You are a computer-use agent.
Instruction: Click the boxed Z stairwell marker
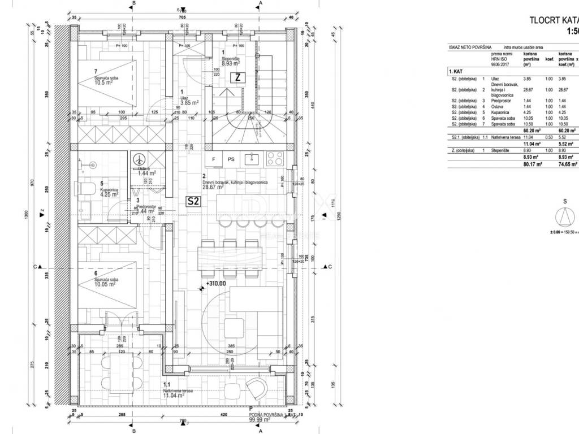[x=238, y=78]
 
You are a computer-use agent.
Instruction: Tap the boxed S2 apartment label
[x=193, y=200]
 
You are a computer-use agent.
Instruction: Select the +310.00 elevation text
[x=215, y=284]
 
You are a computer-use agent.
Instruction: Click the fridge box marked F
[x=214, y=159]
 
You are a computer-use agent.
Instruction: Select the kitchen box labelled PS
[x=231, y=159]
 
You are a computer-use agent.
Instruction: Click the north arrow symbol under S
[x=564, y=216]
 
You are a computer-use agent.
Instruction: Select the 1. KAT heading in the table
[x=456, y=72]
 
